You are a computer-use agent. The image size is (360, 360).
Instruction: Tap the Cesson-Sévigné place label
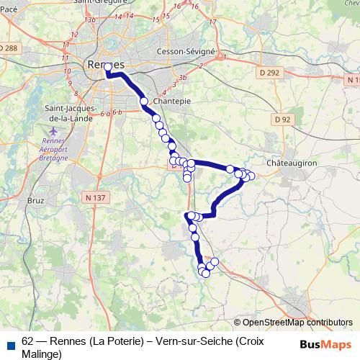click(186, 52)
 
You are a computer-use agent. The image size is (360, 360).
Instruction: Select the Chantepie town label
click(172, 102)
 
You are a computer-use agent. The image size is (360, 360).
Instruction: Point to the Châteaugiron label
click(292, 163)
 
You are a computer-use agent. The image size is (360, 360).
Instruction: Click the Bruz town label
click(35, 200)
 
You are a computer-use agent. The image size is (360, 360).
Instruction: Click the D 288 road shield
click(9, 48)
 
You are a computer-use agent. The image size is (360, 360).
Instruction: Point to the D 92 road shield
click(282, 119)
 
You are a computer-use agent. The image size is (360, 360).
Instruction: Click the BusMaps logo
click(325, 344)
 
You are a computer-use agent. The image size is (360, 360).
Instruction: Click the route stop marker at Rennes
click(108, 67)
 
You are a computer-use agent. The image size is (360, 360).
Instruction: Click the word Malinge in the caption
click(42, 354)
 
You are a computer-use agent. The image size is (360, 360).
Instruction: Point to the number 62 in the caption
click(28, 341)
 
